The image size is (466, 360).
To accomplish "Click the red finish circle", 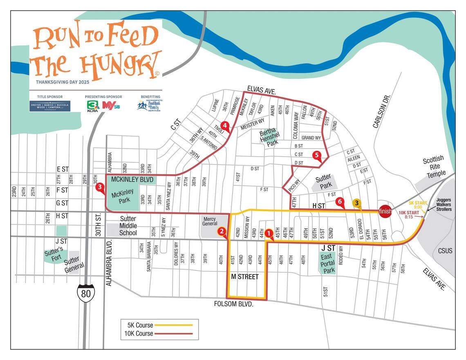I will (x=385, y=211).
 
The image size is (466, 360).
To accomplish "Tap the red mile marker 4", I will (x=224, y=125).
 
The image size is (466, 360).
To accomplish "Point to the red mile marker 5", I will (x=317, y=155).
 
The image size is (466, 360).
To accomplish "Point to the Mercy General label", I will (x=210, y=221).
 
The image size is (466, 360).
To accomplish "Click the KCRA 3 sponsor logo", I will (x=93, y=106).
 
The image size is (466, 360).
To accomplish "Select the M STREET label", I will (x=245, y=277).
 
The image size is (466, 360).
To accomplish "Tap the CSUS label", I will (x=445, y=250).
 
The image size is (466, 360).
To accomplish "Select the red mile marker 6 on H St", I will (x=339, y=202).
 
